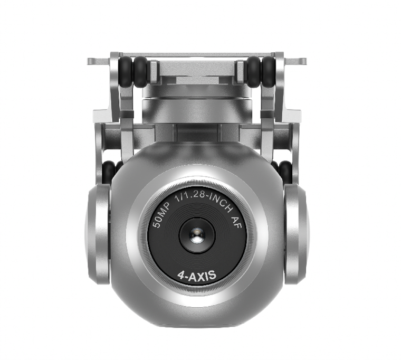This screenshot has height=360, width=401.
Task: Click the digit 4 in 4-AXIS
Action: [181, 276]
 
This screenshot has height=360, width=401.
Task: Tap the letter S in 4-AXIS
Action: [212, 276]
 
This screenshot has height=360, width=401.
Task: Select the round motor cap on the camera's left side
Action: [98, 234]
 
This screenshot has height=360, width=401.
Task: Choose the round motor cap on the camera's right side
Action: [296, 234]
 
